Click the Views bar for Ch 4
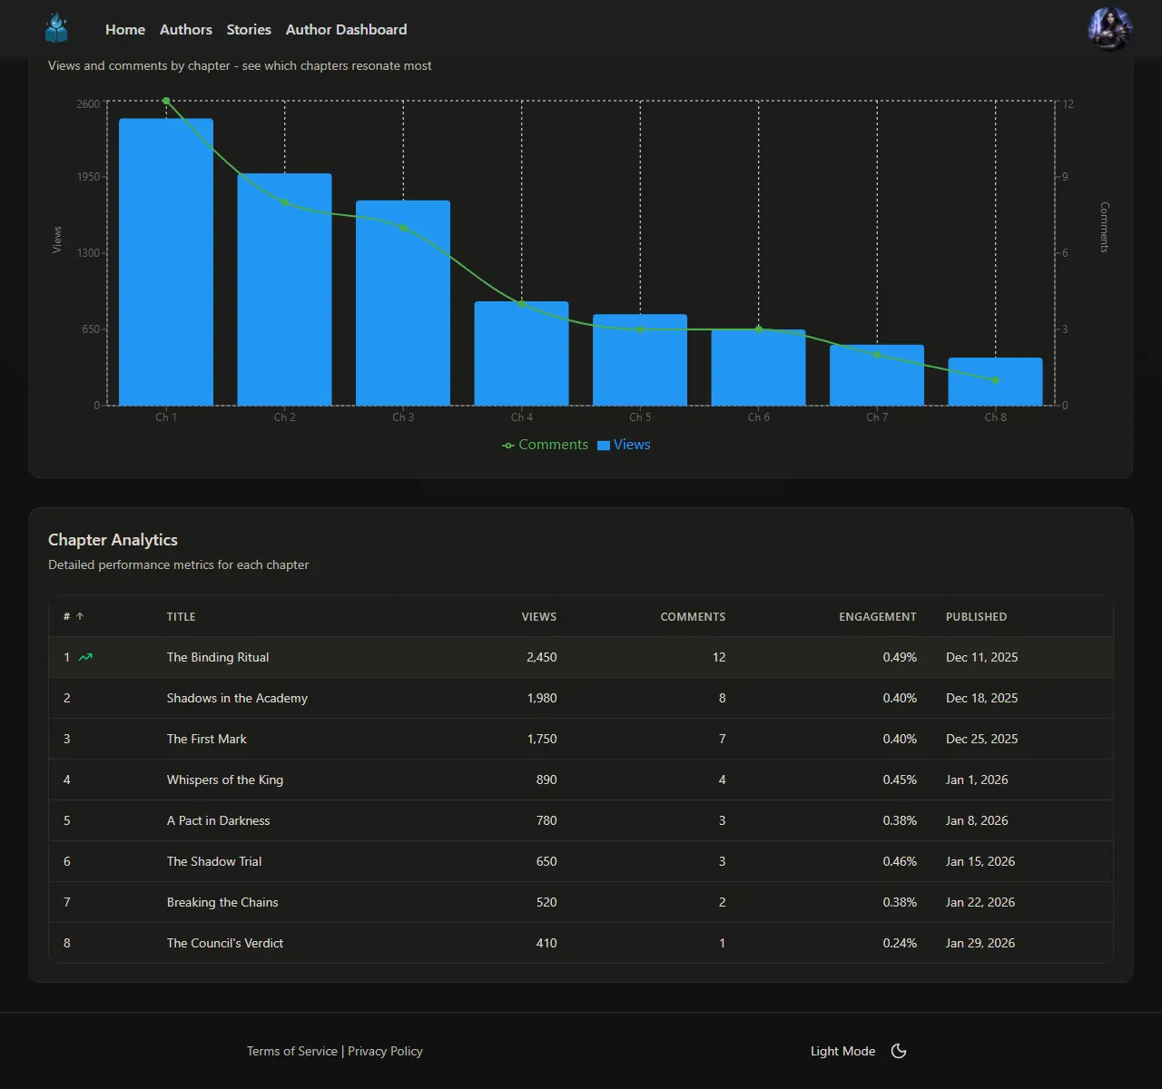(x=521, y=354)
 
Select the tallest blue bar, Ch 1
(x=166, y=262)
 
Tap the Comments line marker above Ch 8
(x=996, y=380)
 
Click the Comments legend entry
(x=546, y=445)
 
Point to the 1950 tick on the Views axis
(x=89, y=177)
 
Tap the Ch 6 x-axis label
(x=758, y=417)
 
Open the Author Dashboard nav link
(x=346, y=30)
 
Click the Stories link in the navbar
(x=249, y=30)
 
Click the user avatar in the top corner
(x=1109, y=29)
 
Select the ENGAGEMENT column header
(x=877, y=617)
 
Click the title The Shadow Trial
(x=214, y=861)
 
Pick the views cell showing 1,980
(x=542, y=698)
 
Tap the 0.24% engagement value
(x=900, y=943)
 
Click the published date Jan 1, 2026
(x=977, y=780)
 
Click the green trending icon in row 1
(x=85, y=657)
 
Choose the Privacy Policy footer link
(x=385, y=1051)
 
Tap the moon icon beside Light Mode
(x=899, y=1051)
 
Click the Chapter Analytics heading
(x=113, y=540)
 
